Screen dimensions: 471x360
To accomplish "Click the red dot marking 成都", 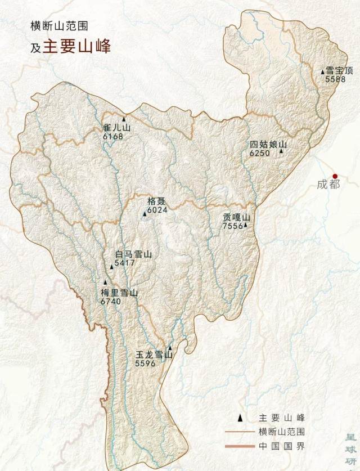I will [335, 176].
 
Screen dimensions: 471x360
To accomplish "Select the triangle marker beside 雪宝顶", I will [322, 71].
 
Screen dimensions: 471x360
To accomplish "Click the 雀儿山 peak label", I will [117, 128].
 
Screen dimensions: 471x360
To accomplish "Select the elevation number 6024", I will [157, 210].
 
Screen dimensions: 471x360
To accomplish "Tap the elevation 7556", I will [233, 226].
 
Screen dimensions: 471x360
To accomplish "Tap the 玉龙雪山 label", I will [154, 356].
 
